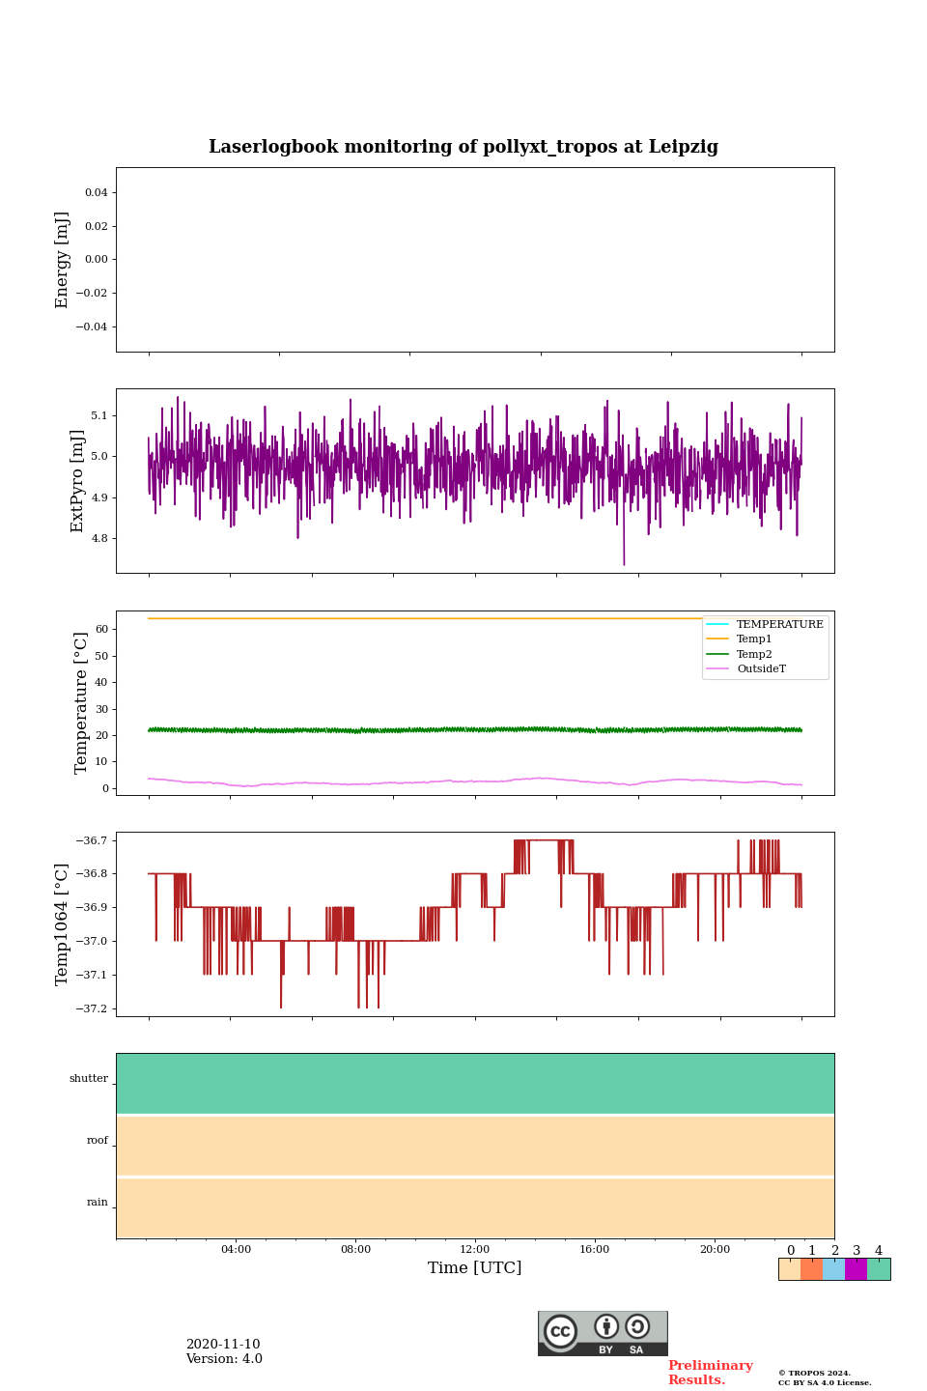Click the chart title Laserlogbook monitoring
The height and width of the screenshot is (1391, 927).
[463, 147]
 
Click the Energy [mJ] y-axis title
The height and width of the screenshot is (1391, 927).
[63, 260]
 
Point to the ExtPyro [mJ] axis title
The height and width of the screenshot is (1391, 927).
[78, 481]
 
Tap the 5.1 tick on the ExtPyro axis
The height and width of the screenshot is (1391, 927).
[99, 415]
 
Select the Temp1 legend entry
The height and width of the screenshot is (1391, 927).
[754, 639]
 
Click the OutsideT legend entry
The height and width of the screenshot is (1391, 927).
[761, 669]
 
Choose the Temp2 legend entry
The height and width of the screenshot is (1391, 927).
[754, 654]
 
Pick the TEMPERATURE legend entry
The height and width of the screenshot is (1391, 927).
[779, 625]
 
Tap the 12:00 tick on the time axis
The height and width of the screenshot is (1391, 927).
[475, 1250]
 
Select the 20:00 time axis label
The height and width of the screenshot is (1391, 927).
[715, 1250]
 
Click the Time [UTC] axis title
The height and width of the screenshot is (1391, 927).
[475, 1268]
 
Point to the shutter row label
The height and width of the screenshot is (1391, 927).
[89, 1079]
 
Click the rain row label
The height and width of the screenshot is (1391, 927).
[98, 1203]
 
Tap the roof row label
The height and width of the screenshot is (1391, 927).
[98, 1141]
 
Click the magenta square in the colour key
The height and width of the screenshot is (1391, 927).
[856, 1269]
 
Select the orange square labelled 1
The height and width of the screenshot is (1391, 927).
[811, 1269]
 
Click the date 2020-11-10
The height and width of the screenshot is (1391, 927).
[223, 1345]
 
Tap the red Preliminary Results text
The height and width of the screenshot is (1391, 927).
[710, 1373]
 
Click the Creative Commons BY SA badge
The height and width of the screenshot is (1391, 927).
[603, 1333]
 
